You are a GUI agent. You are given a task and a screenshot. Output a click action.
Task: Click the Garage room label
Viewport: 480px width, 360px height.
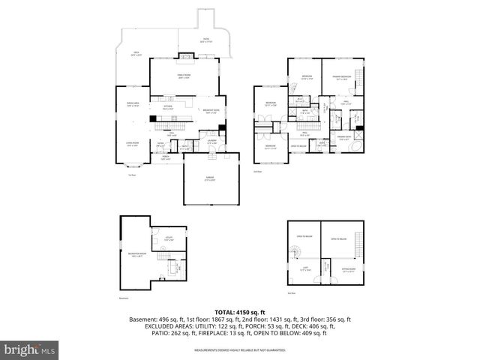[211, 178]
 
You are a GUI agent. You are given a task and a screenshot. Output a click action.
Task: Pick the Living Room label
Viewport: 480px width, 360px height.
[133, 145]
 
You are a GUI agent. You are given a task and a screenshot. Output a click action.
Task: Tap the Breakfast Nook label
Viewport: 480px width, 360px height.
[211, 112]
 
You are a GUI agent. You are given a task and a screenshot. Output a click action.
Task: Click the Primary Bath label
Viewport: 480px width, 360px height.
[345, 137]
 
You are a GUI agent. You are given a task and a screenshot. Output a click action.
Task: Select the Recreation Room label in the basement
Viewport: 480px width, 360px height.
[136, 255]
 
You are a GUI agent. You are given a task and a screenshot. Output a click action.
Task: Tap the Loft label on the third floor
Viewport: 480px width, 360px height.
[304, 268]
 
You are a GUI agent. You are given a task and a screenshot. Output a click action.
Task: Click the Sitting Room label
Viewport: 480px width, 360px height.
[349, 268]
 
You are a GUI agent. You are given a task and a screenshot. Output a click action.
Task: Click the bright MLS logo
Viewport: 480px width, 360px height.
[30, 349]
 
